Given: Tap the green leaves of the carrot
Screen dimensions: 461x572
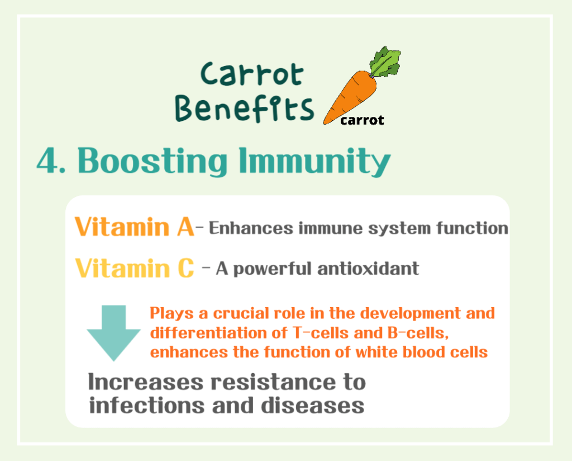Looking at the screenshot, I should coord(385,62).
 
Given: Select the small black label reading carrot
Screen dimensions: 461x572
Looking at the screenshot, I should coord(362,120).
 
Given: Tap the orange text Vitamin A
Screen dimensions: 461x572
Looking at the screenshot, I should coord(134,227).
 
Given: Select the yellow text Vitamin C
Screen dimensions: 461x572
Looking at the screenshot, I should coord(134,267).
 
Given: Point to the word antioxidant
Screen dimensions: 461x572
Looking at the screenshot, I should coord(368,269).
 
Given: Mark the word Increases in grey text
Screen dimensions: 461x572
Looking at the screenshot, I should coord(146,383).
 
